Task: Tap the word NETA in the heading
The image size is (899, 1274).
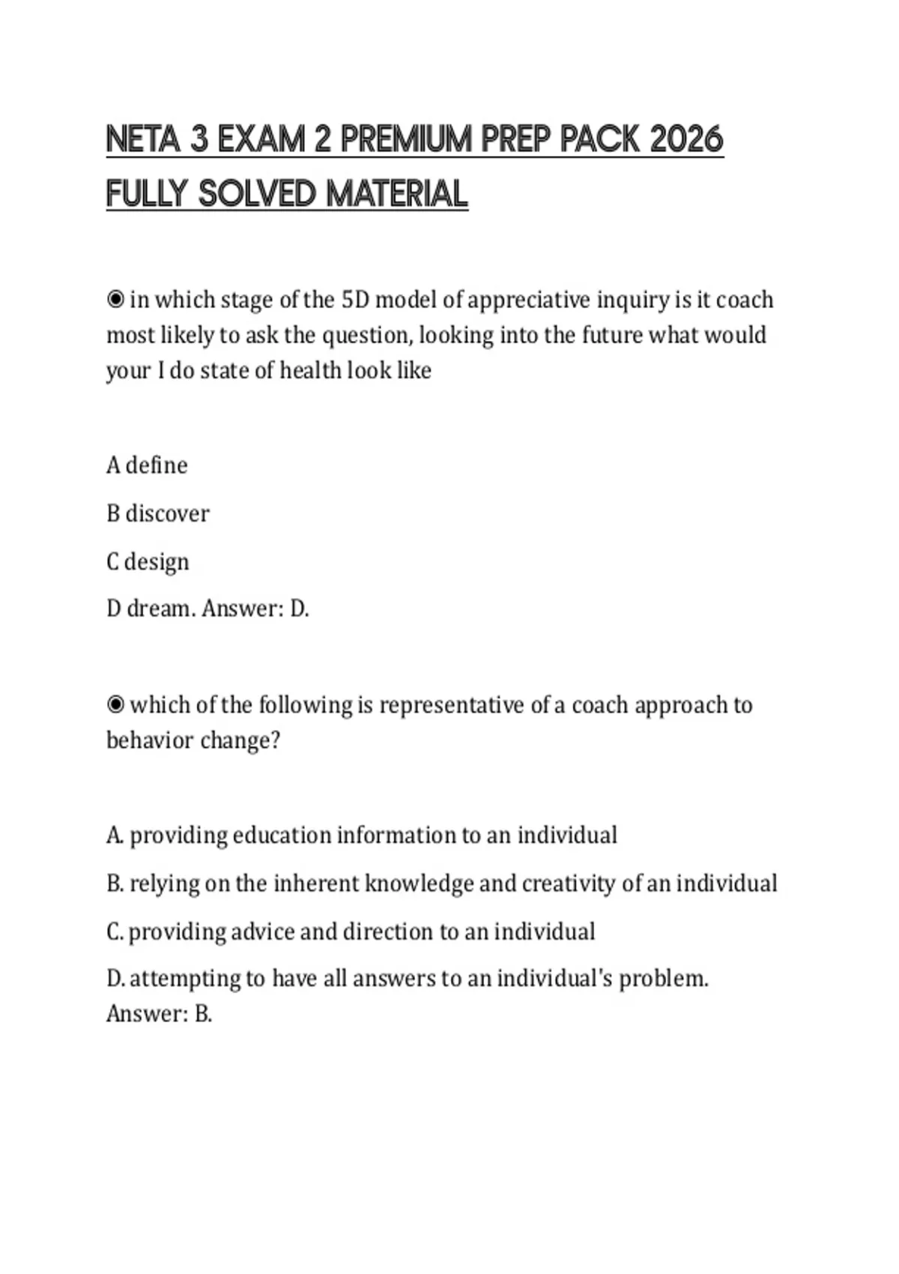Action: click(x=143, y=139)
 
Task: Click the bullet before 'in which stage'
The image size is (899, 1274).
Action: click(x=115, y=300)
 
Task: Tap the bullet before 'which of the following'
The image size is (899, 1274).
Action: click(x=115, y=705)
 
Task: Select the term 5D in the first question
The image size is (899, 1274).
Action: click(x=354, y=300)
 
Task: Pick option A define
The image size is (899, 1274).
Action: click(x=147, y=465)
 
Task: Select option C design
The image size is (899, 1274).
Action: click(x=148, y=561)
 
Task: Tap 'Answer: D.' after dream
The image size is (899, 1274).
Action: click(x=255, y=609)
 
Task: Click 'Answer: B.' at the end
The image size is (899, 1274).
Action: click(x=159, y=1014)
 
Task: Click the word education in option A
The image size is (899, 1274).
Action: click(x=282, y=835)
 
